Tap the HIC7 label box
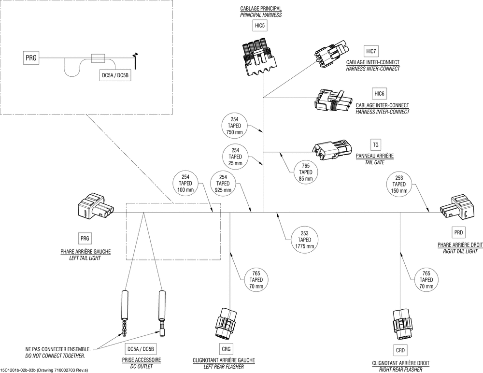(371, 51)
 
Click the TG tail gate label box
(376, 144)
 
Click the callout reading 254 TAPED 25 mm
(235, 157)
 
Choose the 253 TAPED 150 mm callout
(399, 184)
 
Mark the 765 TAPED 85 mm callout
(306, 172)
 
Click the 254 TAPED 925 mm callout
(223, 184)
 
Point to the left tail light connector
(95, 208)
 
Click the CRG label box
(226, 349)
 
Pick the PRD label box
(458, 233)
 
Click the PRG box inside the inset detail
(31, 58)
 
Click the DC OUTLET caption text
(141, 367)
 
